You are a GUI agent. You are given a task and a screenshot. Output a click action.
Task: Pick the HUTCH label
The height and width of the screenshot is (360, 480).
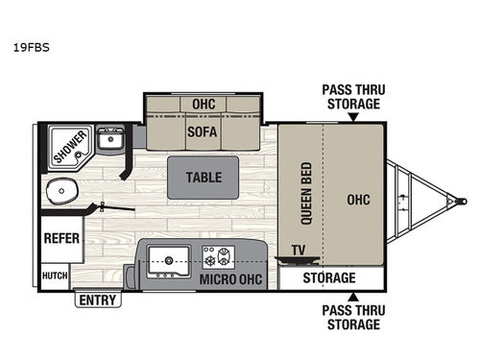(55, 275)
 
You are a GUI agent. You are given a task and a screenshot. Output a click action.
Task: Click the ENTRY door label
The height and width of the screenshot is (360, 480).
(97, 300)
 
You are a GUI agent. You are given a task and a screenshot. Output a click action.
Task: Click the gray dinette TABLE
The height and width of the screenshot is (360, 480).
(203, 178)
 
